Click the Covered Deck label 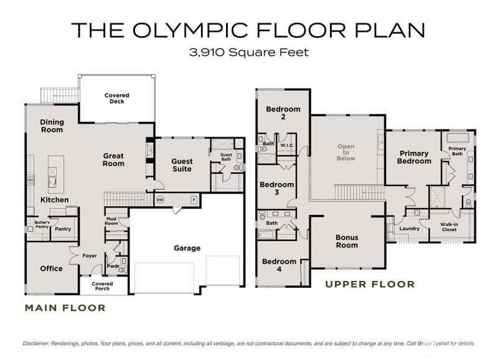coord(117,98)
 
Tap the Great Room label coord(113,160)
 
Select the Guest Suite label coord(182,165)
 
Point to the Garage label coord(187,248)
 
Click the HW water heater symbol coord(160,200)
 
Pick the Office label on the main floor coord(52,268)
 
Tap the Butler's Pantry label coord(42,225)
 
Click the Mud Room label coord(111,221)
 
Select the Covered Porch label coord(102,286)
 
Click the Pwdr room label coord(113,266)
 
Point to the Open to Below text coord(346,152)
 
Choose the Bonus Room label coord(347,242)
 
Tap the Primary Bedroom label coord(414,158)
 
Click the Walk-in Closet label coord(449,227)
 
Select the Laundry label coord(410,229)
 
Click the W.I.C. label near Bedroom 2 coord(287,145)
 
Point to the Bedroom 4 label coord(279,265)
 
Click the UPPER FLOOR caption coord(370,285)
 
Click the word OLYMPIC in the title coord(190,30)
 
